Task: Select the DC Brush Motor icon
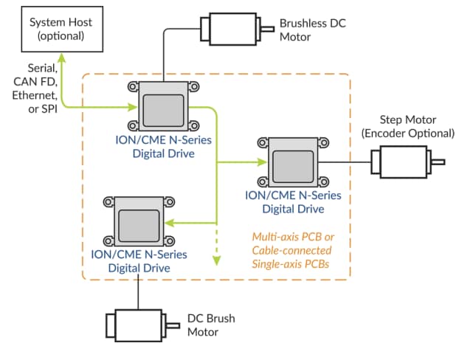[139, 325]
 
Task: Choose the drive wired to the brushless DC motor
[164, 105]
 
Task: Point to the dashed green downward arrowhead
[217, 260]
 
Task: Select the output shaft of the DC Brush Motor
[175, 325]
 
